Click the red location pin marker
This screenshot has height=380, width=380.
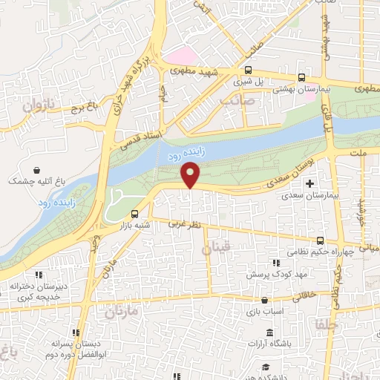[x=191, y=174]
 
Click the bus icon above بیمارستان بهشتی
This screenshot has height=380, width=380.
[x=301, y=77]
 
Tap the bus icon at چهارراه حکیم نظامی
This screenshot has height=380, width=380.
[x=320, y=240]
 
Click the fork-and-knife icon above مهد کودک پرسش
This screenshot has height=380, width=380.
[x=276, y=263]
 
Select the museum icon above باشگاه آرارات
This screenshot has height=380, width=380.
[x=269, y=330]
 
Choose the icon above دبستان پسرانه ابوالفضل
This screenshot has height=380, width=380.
[x=74, y=333]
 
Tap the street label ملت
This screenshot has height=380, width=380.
[x=358, y=151]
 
